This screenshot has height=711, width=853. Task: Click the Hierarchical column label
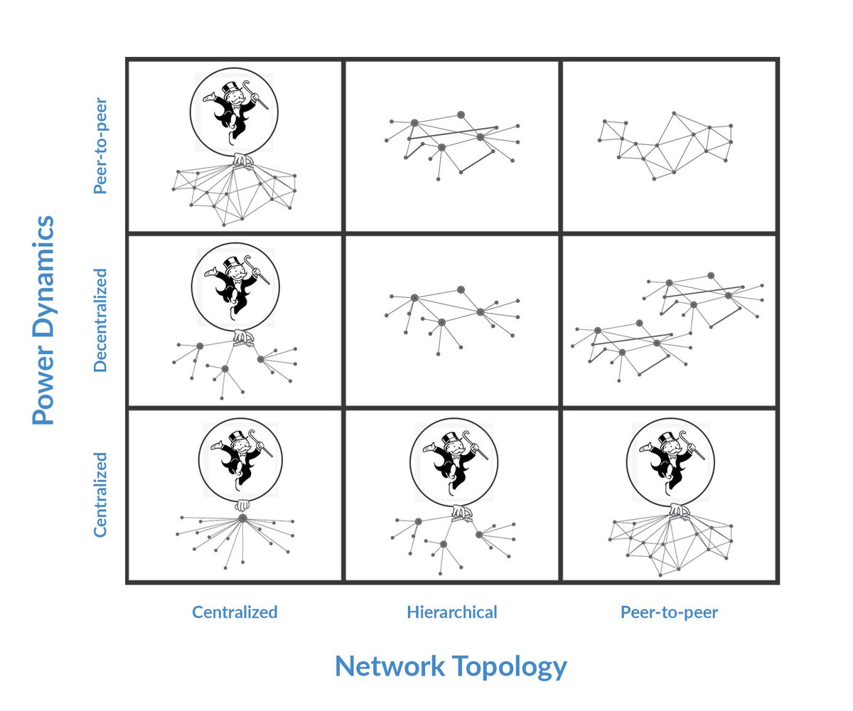[452, 612]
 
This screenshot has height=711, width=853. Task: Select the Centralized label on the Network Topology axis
[235, 612]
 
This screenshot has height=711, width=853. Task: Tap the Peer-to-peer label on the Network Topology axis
[669, 612]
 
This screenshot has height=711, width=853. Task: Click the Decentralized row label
[100, 319]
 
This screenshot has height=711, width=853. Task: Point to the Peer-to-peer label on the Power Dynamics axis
[100, 146]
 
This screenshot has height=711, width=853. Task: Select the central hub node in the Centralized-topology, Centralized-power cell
[242, 519]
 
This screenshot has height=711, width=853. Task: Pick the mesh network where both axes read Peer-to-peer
[665, 146]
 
